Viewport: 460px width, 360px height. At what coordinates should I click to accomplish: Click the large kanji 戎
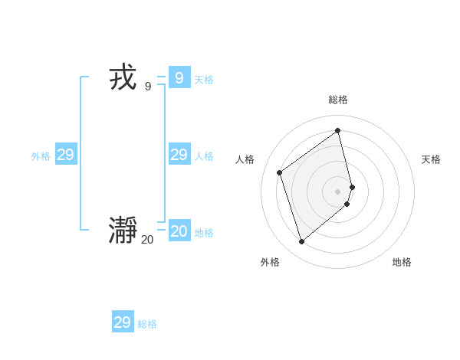(123, 78)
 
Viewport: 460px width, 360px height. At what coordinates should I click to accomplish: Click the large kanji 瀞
(123, 231)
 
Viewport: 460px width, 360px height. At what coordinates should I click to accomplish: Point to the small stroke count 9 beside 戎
(148, 87)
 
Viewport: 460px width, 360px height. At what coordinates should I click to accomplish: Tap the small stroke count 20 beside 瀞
(147, 240)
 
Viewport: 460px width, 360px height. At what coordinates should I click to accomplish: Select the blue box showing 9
(179, 77)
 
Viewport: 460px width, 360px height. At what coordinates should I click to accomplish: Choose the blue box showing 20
(179, 231)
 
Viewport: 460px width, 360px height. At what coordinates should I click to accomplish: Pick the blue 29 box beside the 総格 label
(123, 322)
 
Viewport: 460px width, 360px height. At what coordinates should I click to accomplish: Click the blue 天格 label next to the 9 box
(204, 80)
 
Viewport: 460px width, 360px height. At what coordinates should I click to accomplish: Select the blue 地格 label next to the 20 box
(204, 233)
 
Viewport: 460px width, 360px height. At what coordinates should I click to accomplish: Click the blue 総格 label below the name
(147, 324)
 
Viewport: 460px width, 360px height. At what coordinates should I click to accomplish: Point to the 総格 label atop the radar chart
(338, 100)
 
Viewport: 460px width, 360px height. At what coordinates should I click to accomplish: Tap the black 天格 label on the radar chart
(431, 159)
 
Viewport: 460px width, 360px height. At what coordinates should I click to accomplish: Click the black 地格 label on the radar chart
(402, 262)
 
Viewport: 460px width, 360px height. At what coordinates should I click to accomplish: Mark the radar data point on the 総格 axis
(338, 130)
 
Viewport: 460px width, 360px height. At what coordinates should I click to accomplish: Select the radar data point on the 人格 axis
(280, 172)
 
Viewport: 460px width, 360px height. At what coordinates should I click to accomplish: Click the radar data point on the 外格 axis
(301, 242)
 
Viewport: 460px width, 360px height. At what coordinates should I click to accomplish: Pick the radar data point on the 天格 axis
(353, 186)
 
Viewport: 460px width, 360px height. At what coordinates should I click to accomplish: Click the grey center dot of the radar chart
(338, 191)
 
